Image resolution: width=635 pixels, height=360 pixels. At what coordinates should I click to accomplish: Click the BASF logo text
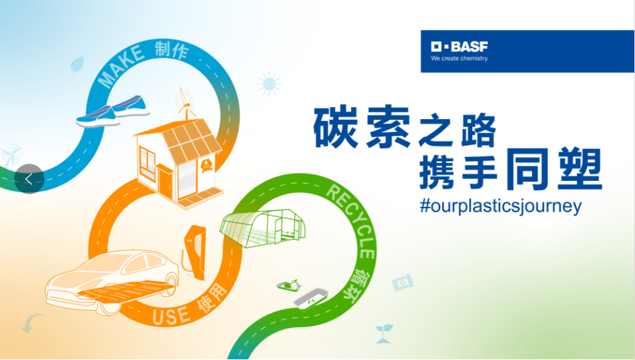click(459, 47)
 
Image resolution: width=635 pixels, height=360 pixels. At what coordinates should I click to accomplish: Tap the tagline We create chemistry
click(459, 59)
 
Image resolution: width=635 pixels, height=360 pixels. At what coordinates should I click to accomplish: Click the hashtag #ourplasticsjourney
click(501, 206)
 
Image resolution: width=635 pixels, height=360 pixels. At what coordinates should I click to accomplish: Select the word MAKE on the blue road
click(120, 65)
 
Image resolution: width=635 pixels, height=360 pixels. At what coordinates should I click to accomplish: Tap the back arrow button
click(29, 179)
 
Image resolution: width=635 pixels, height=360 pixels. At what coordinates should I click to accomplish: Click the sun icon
click(269, 84)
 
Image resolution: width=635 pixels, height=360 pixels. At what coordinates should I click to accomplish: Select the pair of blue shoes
click(113, 111)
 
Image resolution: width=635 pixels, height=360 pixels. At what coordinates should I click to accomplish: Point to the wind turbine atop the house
click(185, 103)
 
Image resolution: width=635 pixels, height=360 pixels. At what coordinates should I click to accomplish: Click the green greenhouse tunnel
click(262, 228)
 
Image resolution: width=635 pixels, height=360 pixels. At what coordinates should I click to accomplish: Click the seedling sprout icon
click(384, 333)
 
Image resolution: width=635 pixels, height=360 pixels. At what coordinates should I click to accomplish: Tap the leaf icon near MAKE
click(77, 64)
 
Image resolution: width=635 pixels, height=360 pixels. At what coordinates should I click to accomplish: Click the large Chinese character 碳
click(336, 127)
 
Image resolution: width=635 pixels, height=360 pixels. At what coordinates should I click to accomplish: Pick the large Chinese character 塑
click(580, 168)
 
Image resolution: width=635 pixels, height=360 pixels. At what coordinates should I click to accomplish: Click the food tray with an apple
click(289, 285)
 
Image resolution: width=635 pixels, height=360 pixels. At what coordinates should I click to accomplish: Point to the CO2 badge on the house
click(207, 165)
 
